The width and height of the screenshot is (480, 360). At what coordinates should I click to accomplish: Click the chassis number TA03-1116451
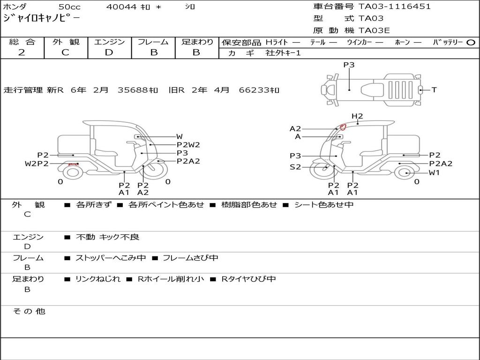(395, 7)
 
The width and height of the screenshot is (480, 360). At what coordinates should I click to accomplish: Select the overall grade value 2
(22, 52)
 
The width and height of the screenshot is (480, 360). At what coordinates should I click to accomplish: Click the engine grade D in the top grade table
(109, 52)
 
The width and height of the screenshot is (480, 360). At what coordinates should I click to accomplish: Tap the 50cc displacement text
(69, 7)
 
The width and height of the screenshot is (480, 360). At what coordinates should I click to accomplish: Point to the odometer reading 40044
(121, 7)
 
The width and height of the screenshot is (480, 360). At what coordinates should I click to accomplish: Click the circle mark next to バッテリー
(471, 43)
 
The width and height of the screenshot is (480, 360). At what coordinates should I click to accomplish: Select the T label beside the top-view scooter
(434, 90)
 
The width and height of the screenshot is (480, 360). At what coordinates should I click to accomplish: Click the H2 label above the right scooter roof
(357, 116)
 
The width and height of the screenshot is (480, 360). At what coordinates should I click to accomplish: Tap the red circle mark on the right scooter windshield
(343, 127)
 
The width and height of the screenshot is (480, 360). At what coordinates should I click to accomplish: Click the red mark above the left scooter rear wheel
(73, 164)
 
